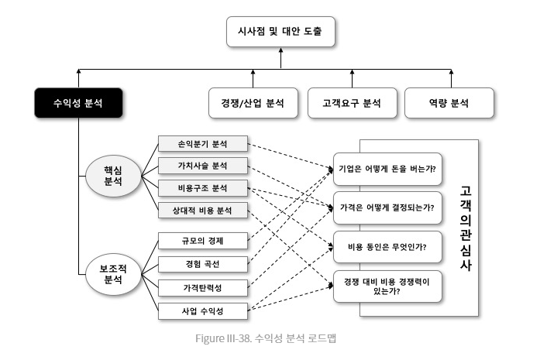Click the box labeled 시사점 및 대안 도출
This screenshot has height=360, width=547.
pos(280,32)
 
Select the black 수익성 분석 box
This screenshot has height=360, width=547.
pos(78,103)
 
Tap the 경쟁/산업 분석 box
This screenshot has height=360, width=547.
pos(253,103)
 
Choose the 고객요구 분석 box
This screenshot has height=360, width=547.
pos(352,103)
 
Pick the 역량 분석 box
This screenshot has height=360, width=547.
pos(449,103)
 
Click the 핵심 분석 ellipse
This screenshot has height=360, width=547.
pos(113,176)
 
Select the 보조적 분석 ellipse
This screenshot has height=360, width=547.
pos(113,274)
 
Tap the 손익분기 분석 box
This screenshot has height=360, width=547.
pos(203,143)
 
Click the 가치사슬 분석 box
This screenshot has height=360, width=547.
pos(203,166)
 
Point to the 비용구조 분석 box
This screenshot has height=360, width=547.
pos(203,188)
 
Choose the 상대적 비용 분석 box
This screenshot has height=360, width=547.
pos(203,211)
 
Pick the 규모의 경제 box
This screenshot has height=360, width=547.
pos(203,241)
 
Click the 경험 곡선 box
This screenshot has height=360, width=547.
pos(203,264)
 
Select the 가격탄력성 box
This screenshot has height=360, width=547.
pos(203,288)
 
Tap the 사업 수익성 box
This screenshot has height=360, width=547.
pos(203,311)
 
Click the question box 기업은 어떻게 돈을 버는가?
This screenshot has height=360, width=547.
pos(387,169)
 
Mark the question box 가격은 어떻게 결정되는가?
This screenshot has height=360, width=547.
pos(387,207)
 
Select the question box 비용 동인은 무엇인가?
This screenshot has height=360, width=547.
pos(387,247)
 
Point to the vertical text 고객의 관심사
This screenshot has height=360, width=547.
pos(466,228)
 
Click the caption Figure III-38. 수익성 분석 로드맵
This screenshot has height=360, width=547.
pos(266,338)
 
